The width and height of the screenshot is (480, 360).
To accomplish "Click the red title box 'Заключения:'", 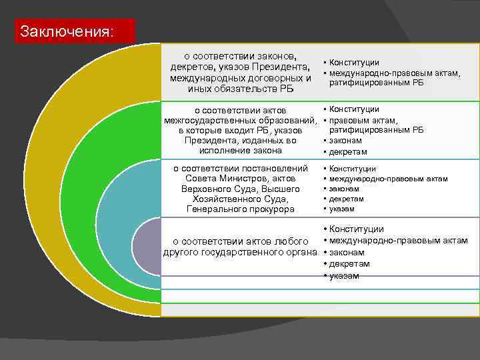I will point(75,31).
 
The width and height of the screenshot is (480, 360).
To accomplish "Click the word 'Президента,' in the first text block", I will point(280,67).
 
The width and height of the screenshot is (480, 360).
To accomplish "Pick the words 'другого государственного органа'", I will point(239,253).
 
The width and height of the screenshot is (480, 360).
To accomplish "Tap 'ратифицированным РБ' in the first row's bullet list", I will point(377,83).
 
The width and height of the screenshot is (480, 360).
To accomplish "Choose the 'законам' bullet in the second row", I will point(346,141).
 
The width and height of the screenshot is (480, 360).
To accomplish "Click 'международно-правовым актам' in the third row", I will point(389,179).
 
